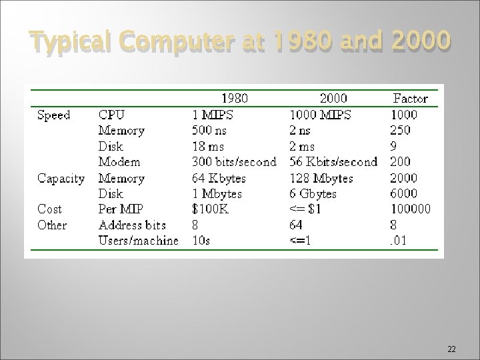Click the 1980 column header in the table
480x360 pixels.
pos(235,99)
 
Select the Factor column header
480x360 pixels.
pos(411,99)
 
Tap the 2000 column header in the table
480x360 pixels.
pos(333,99)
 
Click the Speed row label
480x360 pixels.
pos(54,115)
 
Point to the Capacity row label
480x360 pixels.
pos(61,179)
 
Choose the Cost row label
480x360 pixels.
pos(49,209)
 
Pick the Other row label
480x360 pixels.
pos(52,225)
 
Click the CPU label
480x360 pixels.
pos(111,115)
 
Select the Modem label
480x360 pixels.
pos(119,162)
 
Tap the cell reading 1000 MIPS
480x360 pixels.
pos(320,115)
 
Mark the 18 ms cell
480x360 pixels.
pos(208,147)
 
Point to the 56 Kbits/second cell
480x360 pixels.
pos(333,162)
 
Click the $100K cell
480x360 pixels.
pos(211,209)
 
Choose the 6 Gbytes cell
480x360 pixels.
pos(313,194)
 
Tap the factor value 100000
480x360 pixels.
pos(411,209)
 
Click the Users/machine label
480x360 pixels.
pos(139,241)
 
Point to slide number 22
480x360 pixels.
pos(451,349)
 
